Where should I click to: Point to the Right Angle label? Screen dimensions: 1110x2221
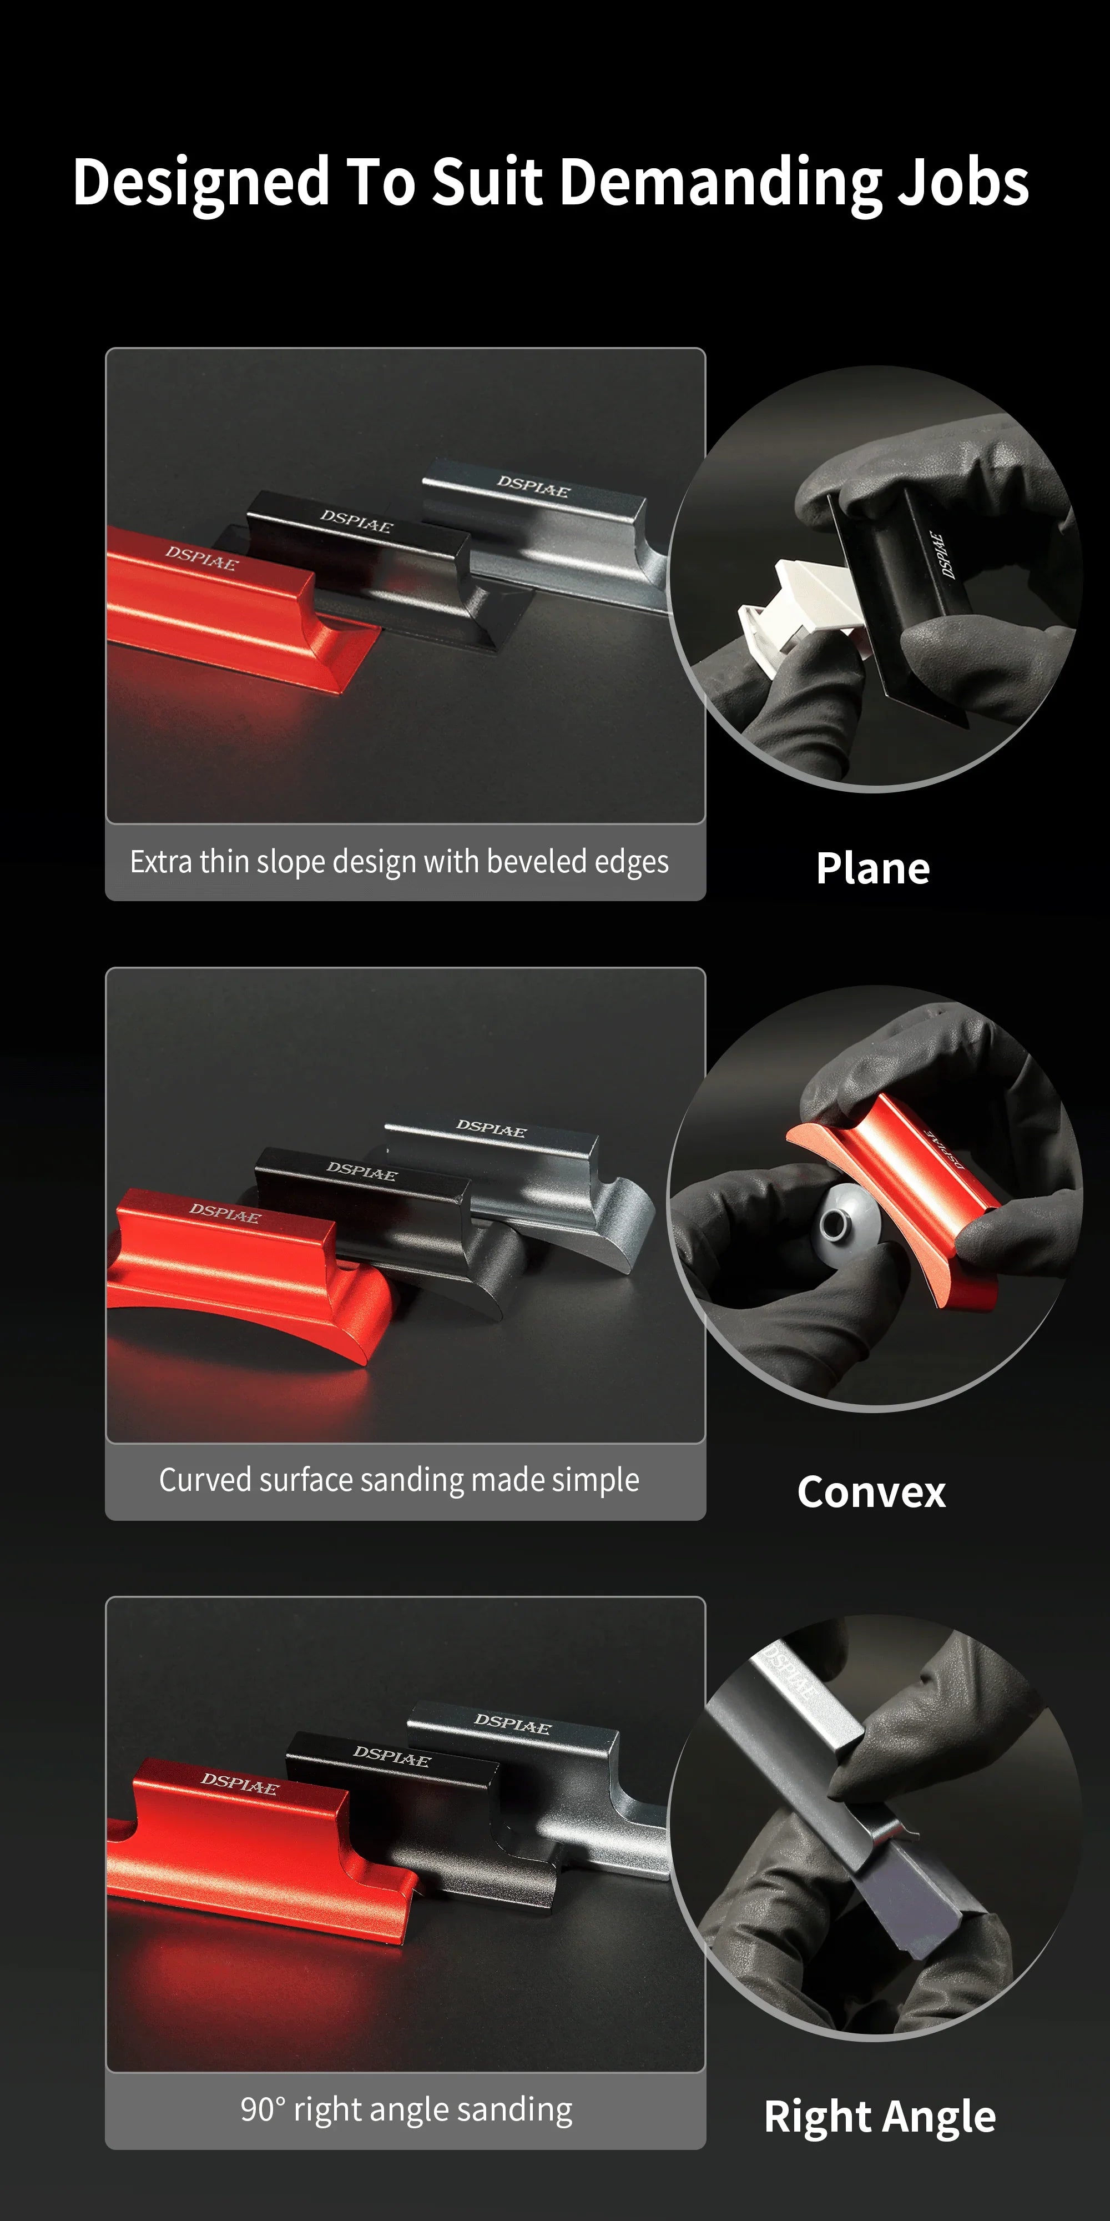coord(880,2117)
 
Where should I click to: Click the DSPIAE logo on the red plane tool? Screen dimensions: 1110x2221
coord(201,557)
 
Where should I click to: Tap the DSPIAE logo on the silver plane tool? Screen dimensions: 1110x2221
coord(533,486)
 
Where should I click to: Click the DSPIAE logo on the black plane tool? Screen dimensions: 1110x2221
coord(356,521)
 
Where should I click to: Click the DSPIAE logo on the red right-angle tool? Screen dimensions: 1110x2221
coord(240,1783)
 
